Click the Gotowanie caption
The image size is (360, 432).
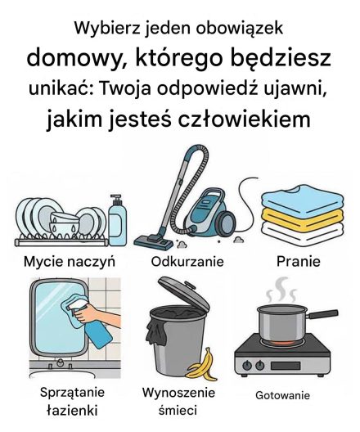click(283, 395)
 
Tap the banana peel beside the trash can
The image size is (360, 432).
click(200, 364)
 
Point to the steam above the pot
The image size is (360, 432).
click(284, 288)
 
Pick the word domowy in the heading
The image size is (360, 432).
click(73, 58)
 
